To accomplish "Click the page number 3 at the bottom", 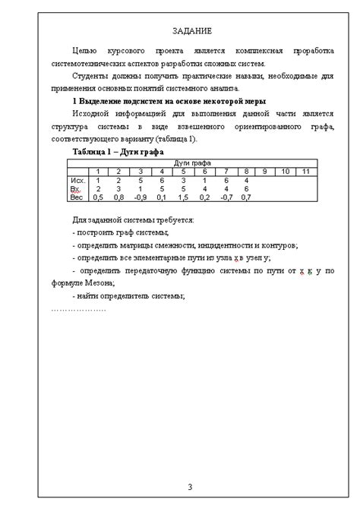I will [x=191, y=486].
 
